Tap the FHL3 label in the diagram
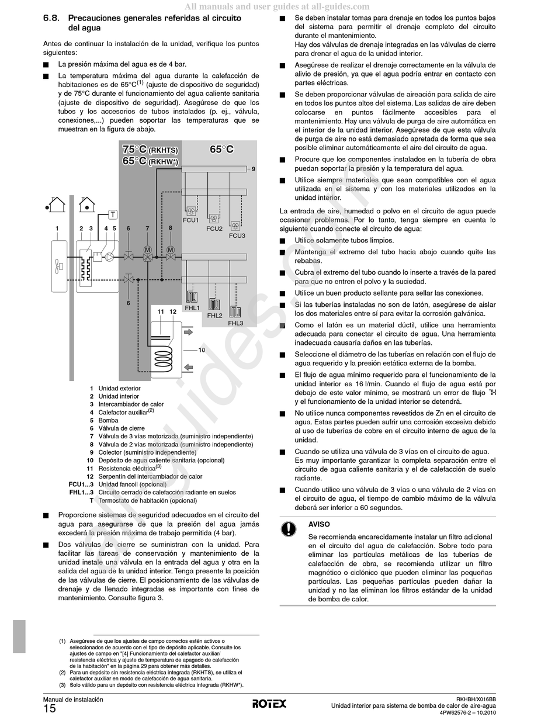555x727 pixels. (x=235, y=323)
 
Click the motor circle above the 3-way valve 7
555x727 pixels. (x=147, y=250)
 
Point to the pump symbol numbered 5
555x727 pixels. (x=109, y=256)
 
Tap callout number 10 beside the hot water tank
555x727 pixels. (x=202, y=350)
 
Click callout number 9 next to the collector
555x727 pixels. (x=254, y=169)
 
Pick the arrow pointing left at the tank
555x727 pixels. (x=188, y=367)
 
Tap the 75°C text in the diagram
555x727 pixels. (x=134, y=149)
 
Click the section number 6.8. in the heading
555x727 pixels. (x=53, y=19)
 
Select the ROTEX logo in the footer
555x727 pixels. (x=269, y=704)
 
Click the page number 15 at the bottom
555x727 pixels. (x=50, y=709)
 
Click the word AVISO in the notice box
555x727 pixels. (x=319, y=525)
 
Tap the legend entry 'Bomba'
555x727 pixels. (x=108, y=420)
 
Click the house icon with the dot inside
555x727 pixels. (x=86, y=204)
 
